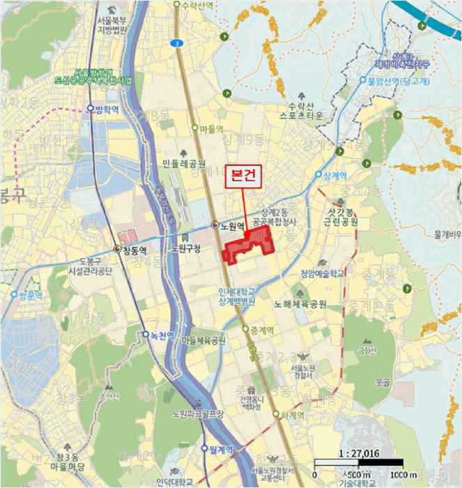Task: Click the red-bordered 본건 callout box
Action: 242,177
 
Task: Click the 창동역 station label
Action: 136,249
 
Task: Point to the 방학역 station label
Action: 108,108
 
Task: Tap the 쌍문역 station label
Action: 31,296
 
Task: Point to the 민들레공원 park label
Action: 184,164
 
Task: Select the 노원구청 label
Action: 185,249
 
